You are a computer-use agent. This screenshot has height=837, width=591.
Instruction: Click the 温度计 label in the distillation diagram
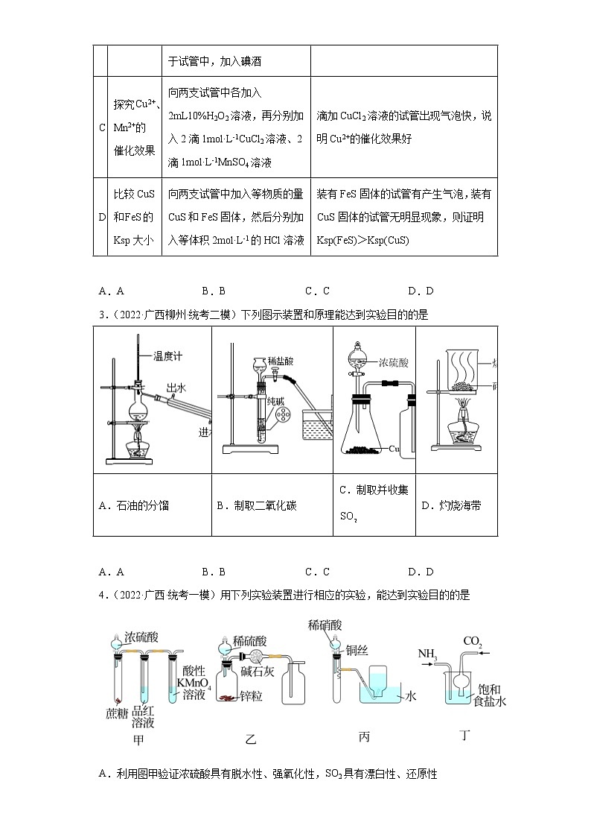pyautogui.click(x=167, y=356)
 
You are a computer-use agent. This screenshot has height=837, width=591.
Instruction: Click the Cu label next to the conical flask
pyautogui.click(x=395, y=449)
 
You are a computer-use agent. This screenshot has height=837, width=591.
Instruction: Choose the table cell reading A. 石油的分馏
pyautogui.click(x=134, y=505)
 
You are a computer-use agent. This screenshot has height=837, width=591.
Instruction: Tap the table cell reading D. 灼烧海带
pyautogui.click(x=451, y=505)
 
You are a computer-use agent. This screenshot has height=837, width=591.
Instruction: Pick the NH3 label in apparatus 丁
pyautogui.click(x=428, y=654)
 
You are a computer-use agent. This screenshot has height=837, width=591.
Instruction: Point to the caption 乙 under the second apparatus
pyautogui.click(x=250, y=739)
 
